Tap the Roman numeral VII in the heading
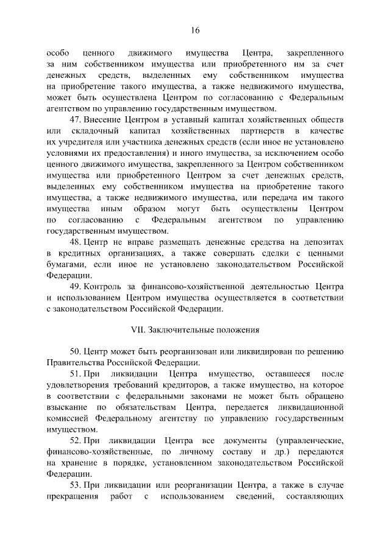(138, 330)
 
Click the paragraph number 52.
(74, 440)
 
